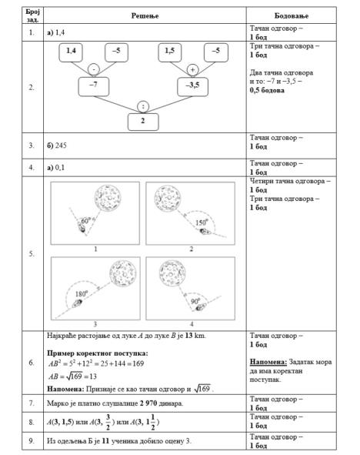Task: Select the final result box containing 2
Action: coord(143,121)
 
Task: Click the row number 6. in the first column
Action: coord(31,362)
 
